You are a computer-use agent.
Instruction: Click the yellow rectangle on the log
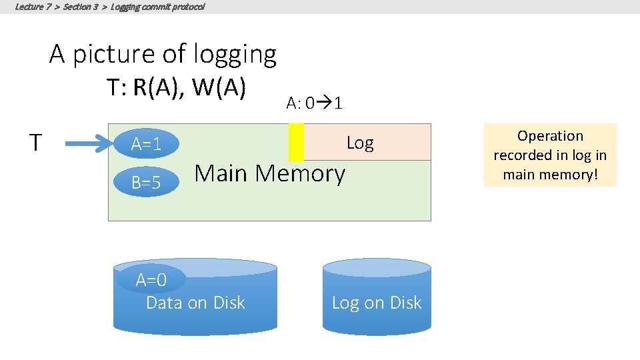coord(296,142)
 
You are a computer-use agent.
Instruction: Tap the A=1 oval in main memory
coord(146,144)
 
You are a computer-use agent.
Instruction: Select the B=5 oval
coord(146,182)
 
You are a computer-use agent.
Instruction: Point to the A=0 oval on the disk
coord(151,279)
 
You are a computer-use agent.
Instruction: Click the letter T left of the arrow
coord(37,142)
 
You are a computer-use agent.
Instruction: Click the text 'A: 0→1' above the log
coord(315,103)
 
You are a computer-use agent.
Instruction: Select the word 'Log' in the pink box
coord(360,143)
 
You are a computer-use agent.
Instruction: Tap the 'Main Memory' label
coord(269,173)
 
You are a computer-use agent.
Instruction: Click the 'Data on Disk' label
coord(195,303)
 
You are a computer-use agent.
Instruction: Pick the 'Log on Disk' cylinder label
coord(377,303)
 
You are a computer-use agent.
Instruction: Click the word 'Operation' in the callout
coord(550,136)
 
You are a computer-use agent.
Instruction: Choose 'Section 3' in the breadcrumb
coord(82,7)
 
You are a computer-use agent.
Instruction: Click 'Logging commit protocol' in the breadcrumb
coord(158,7)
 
